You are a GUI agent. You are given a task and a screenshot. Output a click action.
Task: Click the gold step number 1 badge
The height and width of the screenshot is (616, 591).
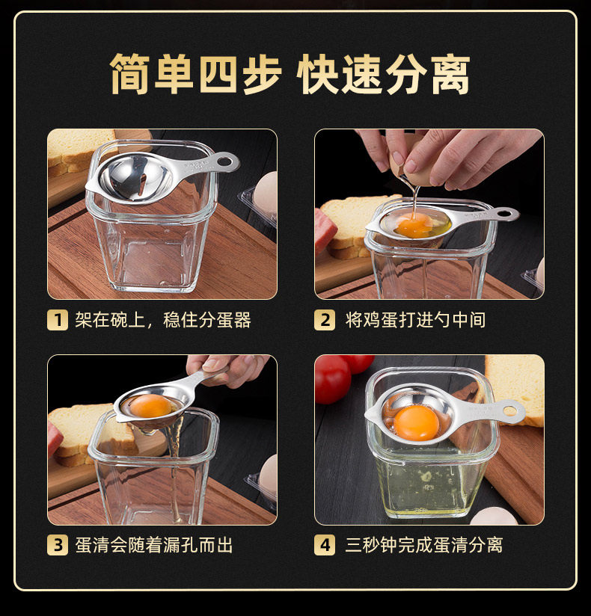tap(58, 320)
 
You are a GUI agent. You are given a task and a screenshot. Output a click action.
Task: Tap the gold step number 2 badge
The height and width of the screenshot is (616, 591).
tap(325, 320)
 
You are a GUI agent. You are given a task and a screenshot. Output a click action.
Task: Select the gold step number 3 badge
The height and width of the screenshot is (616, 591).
tap(58, 545)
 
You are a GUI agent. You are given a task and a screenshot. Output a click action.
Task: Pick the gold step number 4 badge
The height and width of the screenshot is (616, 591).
tap(325, 545)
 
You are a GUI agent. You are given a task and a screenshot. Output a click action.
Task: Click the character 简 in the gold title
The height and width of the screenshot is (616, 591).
tap(130, 74)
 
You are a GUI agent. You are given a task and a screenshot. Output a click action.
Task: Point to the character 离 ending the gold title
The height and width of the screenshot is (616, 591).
tap(450, 74)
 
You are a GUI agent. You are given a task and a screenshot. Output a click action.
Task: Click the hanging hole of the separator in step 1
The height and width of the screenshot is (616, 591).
tap(226, 161)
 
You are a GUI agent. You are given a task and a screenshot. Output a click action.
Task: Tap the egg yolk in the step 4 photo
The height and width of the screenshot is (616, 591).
tap(417, 422)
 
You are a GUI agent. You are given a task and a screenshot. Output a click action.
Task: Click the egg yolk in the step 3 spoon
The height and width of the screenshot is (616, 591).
tap(151, 406)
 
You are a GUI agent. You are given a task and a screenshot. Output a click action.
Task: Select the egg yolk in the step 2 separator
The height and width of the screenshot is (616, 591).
tap(414, 227)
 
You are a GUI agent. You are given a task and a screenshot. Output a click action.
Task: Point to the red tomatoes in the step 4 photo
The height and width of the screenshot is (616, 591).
tap(341, 376)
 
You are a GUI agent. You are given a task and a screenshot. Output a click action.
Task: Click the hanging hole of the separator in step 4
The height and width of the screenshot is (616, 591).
tap(510, 411)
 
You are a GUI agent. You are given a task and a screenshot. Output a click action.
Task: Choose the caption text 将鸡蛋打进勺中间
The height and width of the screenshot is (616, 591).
tap(415, 320)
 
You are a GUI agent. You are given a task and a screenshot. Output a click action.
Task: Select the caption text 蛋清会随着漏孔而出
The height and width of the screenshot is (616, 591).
tap(154, 545)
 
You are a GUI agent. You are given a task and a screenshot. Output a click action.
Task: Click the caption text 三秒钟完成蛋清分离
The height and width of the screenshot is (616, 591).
tap(424, 545)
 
